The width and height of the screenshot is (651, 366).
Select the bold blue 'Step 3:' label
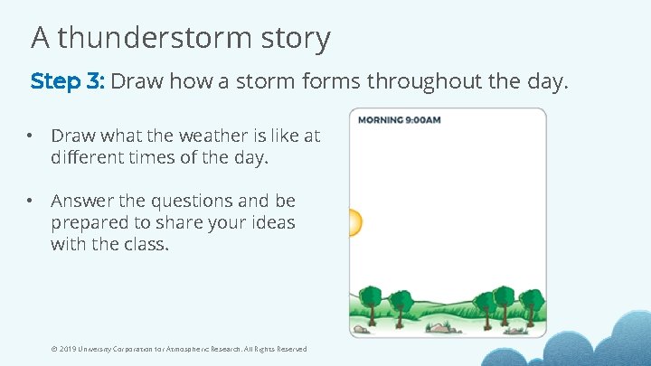pyautogui.click(x=68, y=81)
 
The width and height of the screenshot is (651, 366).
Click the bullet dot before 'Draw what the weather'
pyautogui.click(x=30, y=136)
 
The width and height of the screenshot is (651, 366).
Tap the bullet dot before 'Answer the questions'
pyautogui.click(x=30, y=201)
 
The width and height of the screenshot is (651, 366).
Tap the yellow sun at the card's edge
pyautogui.click(x=354, y=222)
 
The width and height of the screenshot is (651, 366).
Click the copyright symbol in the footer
pyautogui.click(x=53, y=350)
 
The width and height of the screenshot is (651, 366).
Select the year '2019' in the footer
pyautogui.click(x=66, y=350)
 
